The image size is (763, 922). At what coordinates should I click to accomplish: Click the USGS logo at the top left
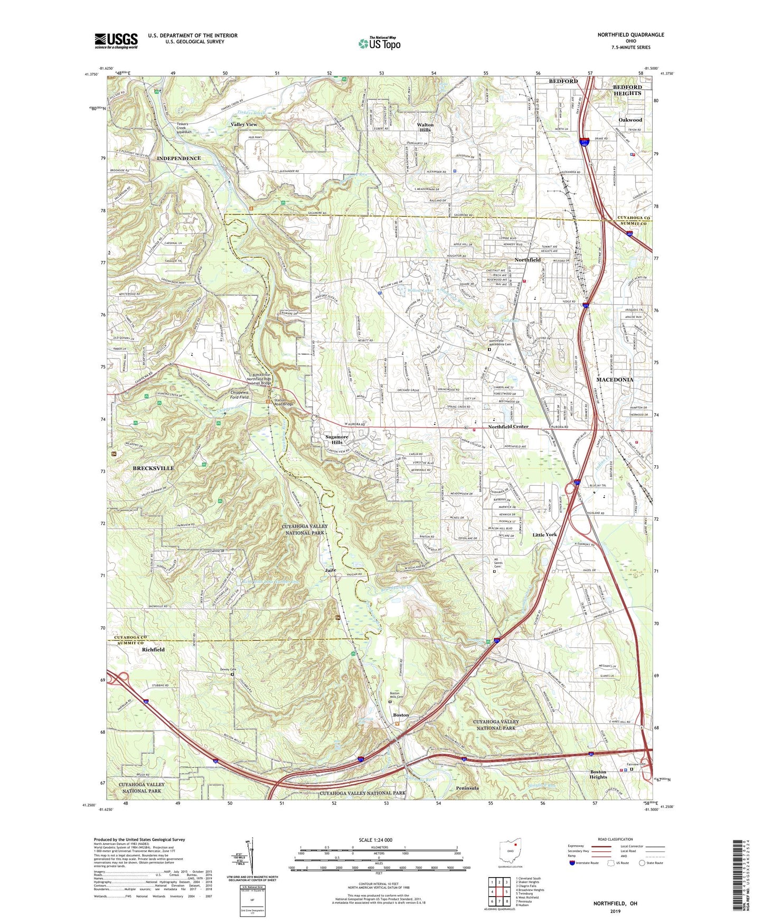pos(116,41)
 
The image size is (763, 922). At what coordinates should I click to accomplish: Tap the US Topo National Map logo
pos(379,43)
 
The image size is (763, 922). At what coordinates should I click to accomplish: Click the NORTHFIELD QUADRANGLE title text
pos(630,35)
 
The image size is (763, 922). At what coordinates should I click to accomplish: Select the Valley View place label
pos(244,124)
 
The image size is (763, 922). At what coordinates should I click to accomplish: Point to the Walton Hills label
pos(425,127)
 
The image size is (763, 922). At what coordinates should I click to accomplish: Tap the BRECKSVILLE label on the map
pos(153,468)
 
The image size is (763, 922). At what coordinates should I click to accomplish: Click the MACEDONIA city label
pos(615,380)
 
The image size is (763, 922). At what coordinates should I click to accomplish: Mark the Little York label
pos(544,534)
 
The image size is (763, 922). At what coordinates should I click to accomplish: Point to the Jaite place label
pos(331,570)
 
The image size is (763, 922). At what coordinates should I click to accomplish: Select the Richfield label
pos(153,650)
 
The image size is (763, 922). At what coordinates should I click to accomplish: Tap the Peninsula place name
pos(467,788)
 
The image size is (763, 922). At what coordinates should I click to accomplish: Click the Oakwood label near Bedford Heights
pos(630,120)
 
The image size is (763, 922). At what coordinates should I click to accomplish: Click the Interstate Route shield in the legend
pos(572,863)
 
